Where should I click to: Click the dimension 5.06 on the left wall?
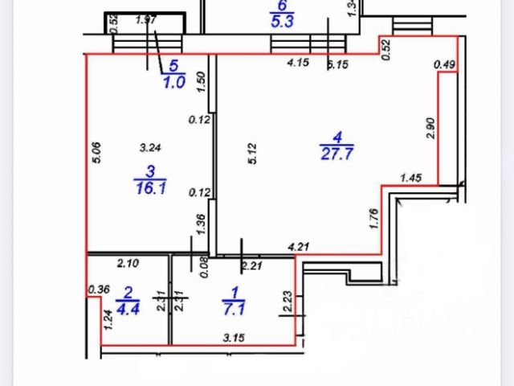click(x=98, y=154)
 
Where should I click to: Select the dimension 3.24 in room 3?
click(x=150, y=147)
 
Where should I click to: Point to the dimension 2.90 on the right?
click(x=430, y=129)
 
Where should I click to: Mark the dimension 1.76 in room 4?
click(x=374, y=220)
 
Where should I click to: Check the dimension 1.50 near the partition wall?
click(x=202, y=80)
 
